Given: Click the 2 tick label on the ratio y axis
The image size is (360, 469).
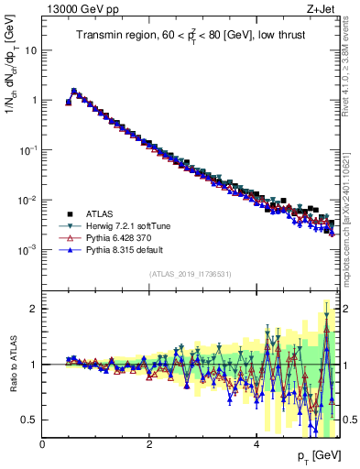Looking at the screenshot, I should click(x=34, y=309).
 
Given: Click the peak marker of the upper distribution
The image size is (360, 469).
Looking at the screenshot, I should click(x=74, y=91).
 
